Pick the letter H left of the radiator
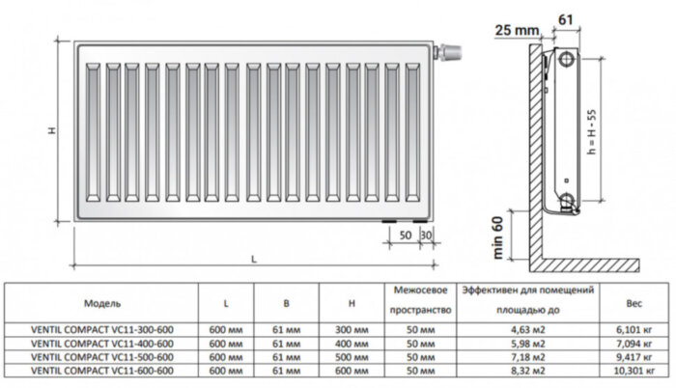[x=54, y=131]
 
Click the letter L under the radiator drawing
[x=253, y=259]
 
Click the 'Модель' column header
[x=102, y=303]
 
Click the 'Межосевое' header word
[x=418, y=291]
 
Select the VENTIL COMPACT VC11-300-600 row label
[x=102, y=332]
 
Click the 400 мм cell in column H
[x=354, y=345]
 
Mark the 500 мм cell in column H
[x=354, y=357]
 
